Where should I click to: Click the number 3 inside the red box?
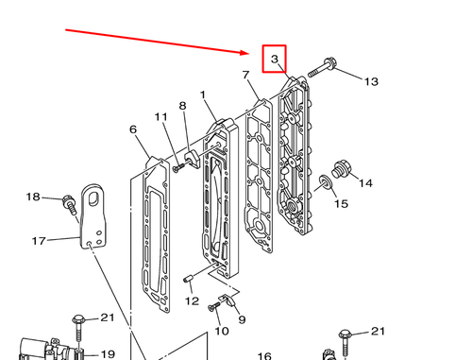coord(274,60)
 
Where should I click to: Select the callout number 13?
coord(370,81)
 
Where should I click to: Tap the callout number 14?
coord(365,182)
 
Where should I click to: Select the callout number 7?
coord(245,75)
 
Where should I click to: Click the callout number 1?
coord(202,95)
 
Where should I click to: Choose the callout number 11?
coord(161,116)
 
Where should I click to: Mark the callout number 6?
coord(133,129)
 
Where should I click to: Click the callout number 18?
coord(33,197)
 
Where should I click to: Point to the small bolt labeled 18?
coord(68,201)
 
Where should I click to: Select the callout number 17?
coord(39,241)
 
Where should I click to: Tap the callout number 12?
coord(192,301)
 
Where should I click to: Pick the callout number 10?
coord(222,332)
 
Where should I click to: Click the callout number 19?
coord(108,354)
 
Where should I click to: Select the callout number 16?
coord(265,356)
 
